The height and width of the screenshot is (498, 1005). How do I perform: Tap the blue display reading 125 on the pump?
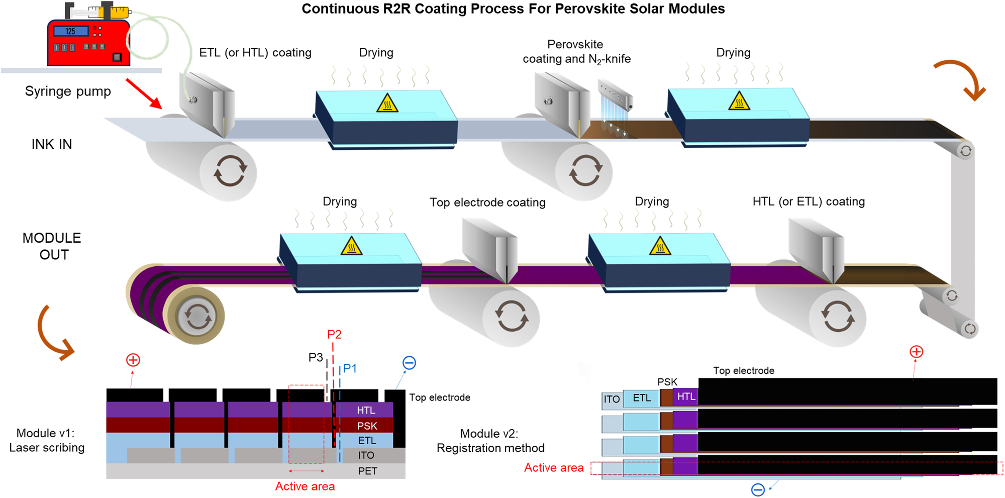coord(70,31)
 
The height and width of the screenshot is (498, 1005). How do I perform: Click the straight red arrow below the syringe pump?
coord(144,93)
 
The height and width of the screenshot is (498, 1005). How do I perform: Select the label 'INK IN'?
coord(52,145)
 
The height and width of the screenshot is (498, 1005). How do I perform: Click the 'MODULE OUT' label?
coord(52,246)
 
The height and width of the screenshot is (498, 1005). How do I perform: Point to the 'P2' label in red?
coord(334,335)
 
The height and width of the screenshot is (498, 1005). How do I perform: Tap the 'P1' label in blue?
coord(350,368)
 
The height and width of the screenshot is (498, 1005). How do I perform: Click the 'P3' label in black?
coord(316,357)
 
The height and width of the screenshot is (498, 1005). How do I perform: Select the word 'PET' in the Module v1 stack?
coord(367,471)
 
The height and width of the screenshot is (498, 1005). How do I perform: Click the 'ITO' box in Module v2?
coord(612,400)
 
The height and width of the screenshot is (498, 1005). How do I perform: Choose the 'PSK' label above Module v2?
coord(667,382)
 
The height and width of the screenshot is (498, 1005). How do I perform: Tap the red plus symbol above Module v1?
coord(133,360)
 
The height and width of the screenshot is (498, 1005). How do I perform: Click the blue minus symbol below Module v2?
coord(758,489)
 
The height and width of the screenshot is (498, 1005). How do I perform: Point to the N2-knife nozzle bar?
coord(616,95)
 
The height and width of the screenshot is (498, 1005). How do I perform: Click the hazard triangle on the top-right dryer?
coord(739,102)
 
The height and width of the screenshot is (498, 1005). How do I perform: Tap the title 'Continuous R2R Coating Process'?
coord(513,9)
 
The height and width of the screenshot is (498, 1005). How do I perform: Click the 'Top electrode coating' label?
coord(487,203)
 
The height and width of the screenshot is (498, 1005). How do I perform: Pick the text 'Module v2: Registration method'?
coord(490,441)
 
